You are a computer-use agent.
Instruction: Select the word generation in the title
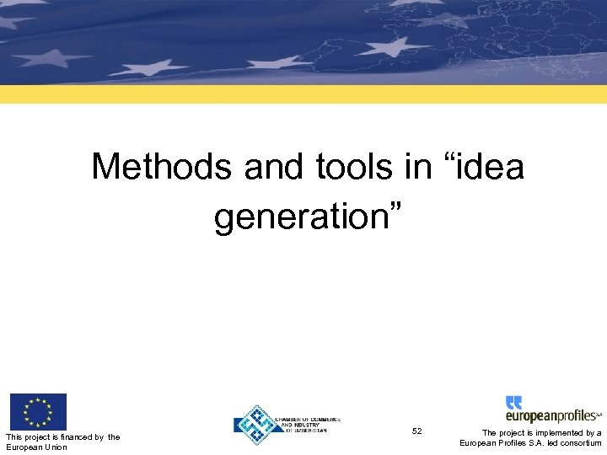click(x=299, y=217)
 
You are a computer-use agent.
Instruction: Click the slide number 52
click(x=417, y=431)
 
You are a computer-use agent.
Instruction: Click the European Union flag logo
click(x=38, y=412)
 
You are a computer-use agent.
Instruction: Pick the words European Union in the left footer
click(x=36, y=447)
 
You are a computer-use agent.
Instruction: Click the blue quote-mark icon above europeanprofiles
click(x=514, y=402)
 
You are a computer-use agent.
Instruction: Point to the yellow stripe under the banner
click(x=303, y=94)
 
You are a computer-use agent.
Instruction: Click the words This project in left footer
click(x=24, y=436)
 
